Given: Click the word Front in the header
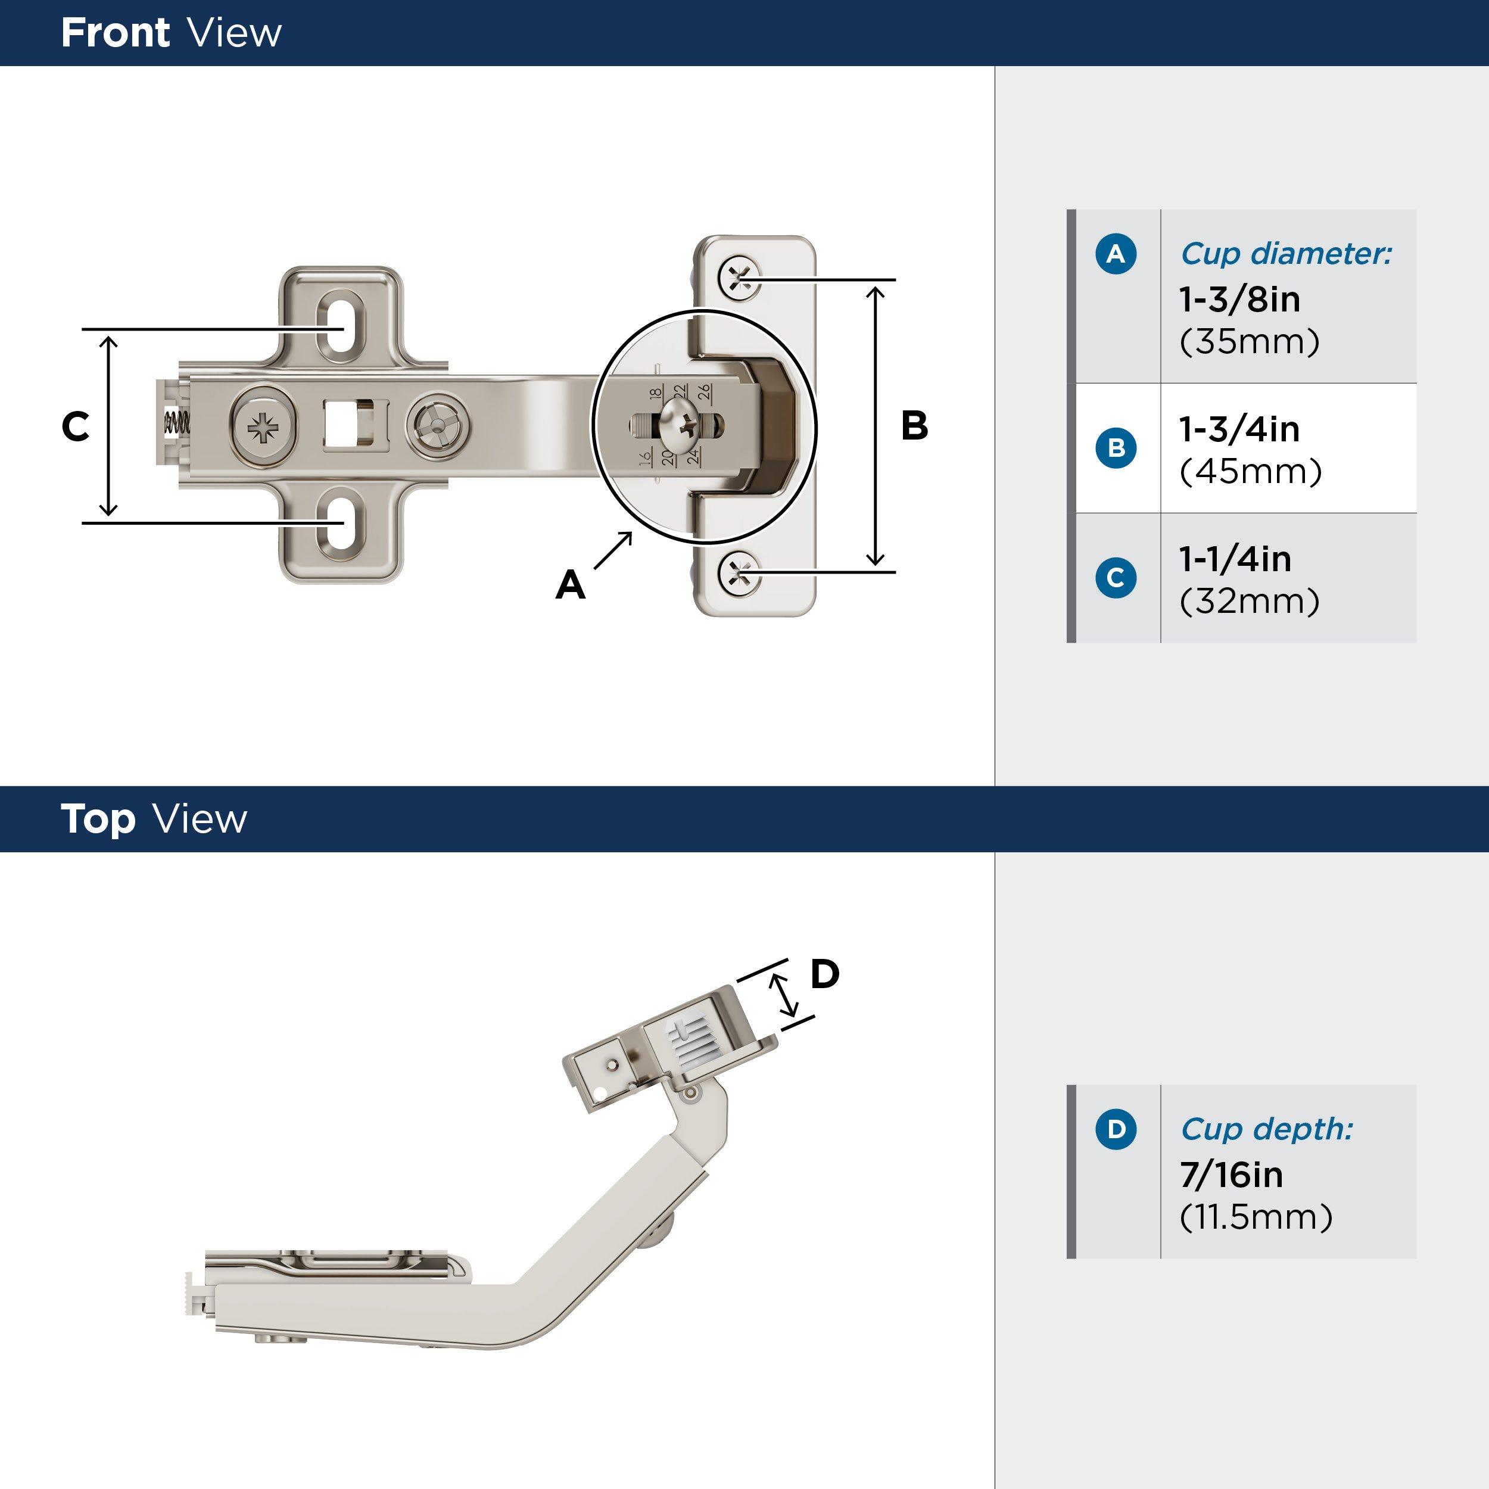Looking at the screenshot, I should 115,33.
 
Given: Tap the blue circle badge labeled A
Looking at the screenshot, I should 1115,254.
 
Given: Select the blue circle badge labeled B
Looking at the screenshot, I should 1115,448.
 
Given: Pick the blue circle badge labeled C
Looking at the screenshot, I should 1115,577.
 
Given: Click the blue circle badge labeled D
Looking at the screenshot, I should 1115,1129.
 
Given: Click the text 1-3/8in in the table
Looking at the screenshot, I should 1239,299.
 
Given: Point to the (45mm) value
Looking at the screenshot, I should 1250,472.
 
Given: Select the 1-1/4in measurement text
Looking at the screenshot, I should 1235,559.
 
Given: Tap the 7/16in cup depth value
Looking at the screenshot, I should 1232,1175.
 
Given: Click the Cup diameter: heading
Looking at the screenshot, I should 1285,254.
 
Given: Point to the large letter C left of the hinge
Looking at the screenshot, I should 76,426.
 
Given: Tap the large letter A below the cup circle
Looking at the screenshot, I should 571,585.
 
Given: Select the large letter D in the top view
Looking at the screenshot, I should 825,974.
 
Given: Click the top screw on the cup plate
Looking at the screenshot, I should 739,278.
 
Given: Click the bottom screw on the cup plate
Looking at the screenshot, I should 739,572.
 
